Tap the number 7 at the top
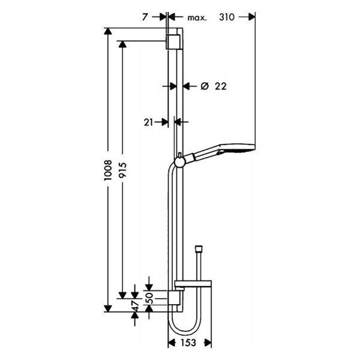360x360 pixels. [145, 18]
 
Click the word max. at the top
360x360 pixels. [197, 18]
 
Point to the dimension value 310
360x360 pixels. [226, 18]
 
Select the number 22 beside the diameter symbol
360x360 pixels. [220, 86]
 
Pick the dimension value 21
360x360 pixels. [149, 122]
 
